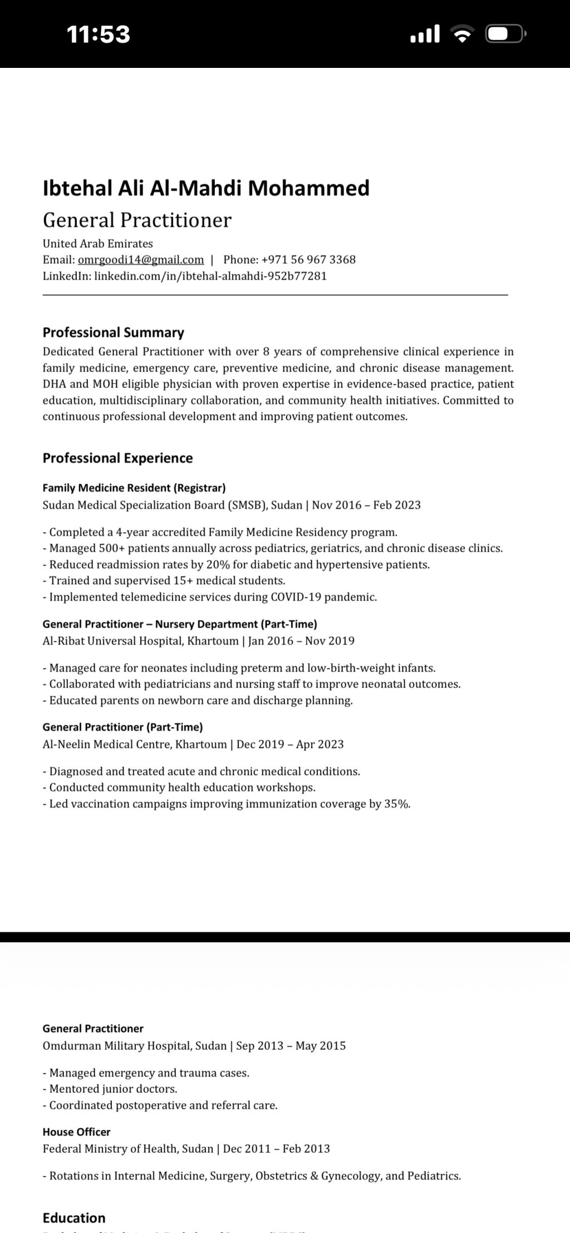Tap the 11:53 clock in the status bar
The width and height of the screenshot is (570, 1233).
[99, 35]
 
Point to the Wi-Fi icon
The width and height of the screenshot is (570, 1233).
[461, 35]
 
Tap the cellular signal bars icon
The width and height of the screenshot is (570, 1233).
[425, 35]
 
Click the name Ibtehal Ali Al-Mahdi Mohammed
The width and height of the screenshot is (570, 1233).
[206, 188]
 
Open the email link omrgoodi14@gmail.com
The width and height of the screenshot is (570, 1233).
[141, 259]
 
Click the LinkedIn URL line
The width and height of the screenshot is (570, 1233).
[185, 276]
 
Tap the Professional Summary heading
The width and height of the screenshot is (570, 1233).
[114, 332]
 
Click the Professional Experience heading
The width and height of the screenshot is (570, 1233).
[118, 458]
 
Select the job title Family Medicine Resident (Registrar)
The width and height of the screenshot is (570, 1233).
[134, 488]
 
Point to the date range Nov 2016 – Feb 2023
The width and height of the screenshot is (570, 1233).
[366, 505]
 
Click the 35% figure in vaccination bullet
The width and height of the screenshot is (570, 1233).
[397, 804]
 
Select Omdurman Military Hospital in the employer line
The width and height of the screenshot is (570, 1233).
[117, 1045]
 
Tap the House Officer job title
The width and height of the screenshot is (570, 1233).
[76, 1132]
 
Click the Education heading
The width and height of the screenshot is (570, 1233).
[74, 1217]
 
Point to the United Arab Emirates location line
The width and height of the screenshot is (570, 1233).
[97, 243]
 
